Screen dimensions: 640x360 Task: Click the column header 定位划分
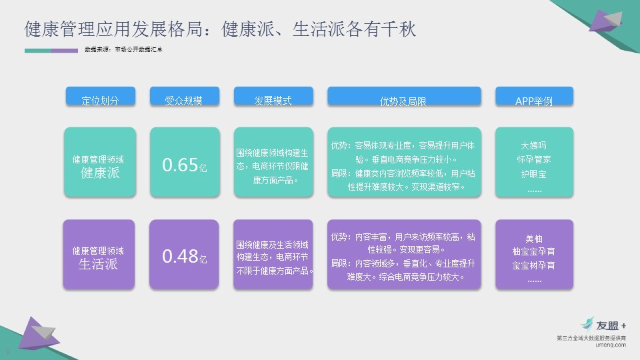[x=101, y=97]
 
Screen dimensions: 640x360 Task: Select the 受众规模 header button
[x=185, y=97]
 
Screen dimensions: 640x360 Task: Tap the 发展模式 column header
[x=273, y=97]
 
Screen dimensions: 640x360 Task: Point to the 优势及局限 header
[x=404, y=97]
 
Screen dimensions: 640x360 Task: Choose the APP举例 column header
[x=534, y=97]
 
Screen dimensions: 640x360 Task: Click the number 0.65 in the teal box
[x=180, y=165]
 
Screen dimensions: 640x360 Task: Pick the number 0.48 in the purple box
[x=180, y=256]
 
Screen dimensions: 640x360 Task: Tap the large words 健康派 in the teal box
[x=100, y=173]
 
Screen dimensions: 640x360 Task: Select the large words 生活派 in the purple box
[x=98, y=264]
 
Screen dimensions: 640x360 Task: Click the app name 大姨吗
[x=534, y=145]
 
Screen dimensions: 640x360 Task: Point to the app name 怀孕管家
[x=534, y=159]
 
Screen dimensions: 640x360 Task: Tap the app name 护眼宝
[x=534, y=174]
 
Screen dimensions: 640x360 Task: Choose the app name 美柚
[x=534, y=239]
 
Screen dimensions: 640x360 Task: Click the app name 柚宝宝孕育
[x=534, y=251]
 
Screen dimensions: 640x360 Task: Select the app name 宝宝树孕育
[x=534, y=265]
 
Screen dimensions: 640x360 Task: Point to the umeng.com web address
[x=611, y=345]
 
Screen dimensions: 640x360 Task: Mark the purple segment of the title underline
[x=65, y=51]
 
